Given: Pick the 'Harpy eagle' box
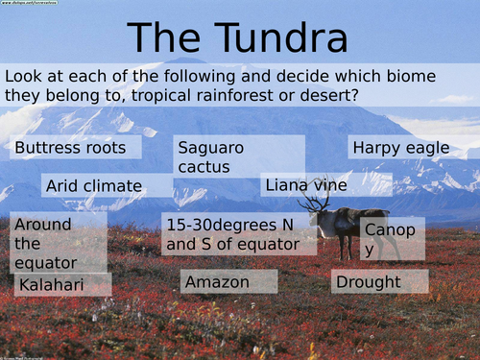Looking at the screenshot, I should pyautogui.click(x=402, y=148).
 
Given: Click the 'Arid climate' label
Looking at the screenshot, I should pyautogui.click(x=93, y=185).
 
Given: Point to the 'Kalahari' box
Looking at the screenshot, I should pyautogui.click(x=62, y=285).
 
